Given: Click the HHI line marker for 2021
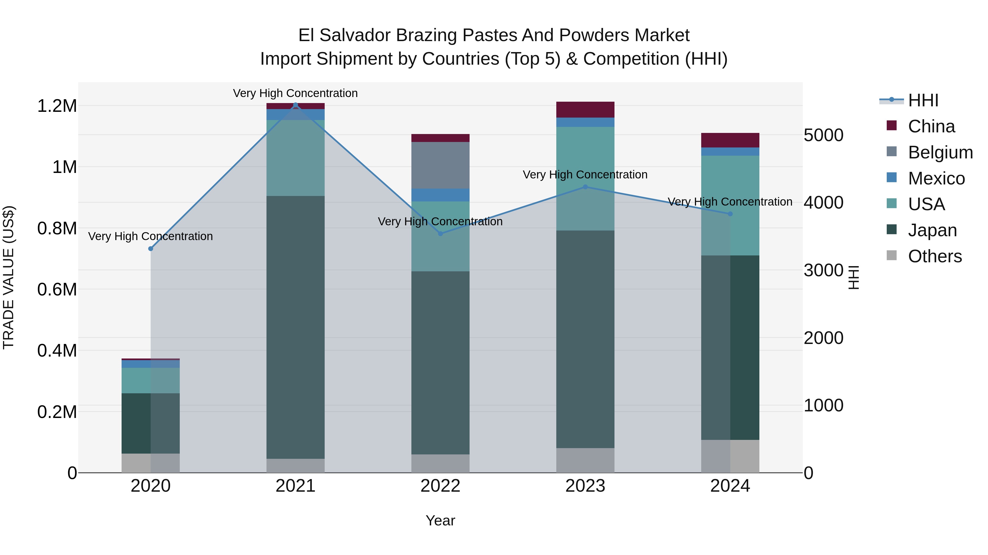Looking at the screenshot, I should tap(295, 105).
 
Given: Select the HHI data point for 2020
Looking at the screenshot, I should tap(151, 249).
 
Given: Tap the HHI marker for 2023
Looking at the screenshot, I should tap(585, 187).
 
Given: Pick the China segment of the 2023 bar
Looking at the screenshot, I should tap(585, 110).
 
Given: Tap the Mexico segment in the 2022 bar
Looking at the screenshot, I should tap(440, 195).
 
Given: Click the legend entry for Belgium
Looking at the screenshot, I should tap(940, 152).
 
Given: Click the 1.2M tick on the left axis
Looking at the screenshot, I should tap(57, 106).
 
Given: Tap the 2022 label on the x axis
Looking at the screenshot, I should tap(440, 486).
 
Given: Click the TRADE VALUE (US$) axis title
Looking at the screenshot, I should tap(9, 277).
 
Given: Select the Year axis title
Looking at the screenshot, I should tap(440, 520).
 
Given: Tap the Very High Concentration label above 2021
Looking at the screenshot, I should tap(295, 93).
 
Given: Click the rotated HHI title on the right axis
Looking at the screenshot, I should tap(854, 277).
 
